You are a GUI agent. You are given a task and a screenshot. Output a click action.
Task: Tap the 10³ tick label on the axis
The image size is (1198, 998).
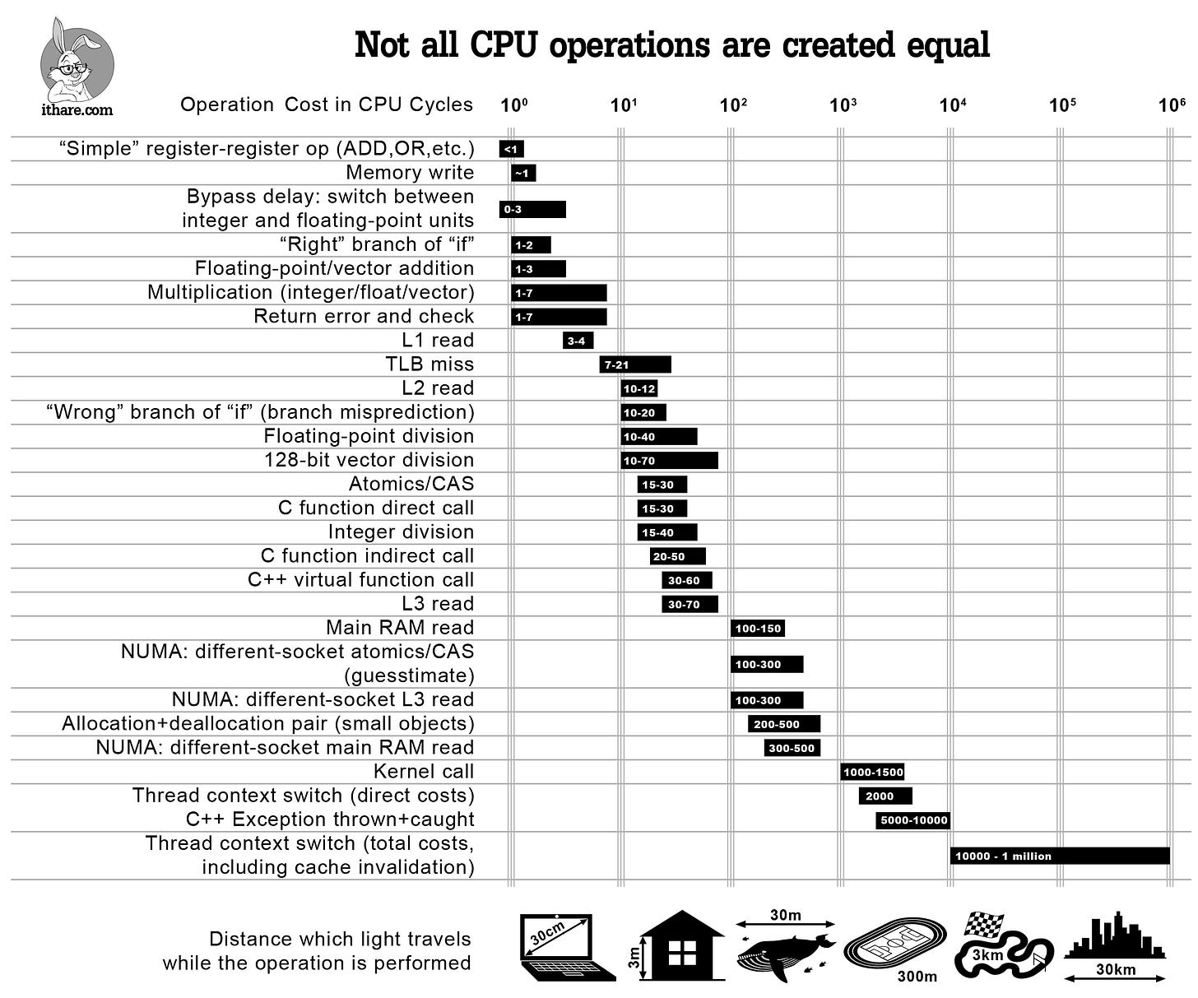843,105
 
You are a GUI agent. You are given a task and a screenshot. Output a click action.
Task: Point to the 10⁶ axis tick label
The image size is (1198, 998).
1172,105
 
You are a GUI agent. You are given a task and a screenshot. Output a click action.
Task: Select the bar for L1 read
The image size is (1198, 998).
578,341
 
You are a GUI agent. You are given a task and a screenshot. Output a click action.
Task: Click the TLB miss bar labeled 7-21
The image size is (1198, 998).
634,364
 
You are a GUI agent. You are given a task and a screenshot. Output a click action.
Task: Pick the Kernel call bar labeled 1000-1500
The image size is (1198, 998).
872,772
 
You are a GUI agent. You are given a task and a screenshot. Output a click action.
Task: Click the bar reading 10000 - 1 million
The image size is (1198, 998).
1060,856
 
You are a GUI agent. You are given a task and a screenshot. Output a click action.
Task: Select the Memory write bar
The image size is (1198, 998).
523,173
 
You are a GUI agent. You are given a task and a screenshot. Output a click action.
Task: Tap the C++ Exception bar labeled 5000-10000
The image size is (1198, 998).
913,820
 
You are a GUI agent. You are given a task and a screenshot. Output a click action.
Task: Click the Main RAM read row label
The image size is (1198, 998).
400,628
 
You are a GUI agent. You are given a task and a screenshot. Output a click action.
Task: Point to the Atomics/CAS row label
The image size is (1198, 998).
411,484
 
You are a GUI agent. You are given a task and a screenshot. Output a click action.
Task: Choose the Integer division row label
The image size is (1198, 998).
401,532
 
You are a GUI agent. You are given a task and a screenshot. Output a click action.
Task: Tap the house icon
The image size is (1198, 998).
681,945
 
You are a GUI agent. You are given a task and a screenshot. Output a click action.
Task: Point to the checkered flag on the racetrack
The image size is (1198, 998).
986,923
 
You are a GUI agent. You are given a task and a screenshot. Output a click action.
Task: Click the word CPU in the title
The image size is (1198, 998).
504,45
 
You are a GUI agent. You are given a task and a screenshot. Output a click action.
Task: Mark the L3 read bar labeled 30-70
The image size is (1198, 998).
690,605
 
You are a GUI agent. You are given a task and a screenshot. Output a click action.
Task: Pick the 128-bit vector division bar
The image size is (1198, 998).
669,461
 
